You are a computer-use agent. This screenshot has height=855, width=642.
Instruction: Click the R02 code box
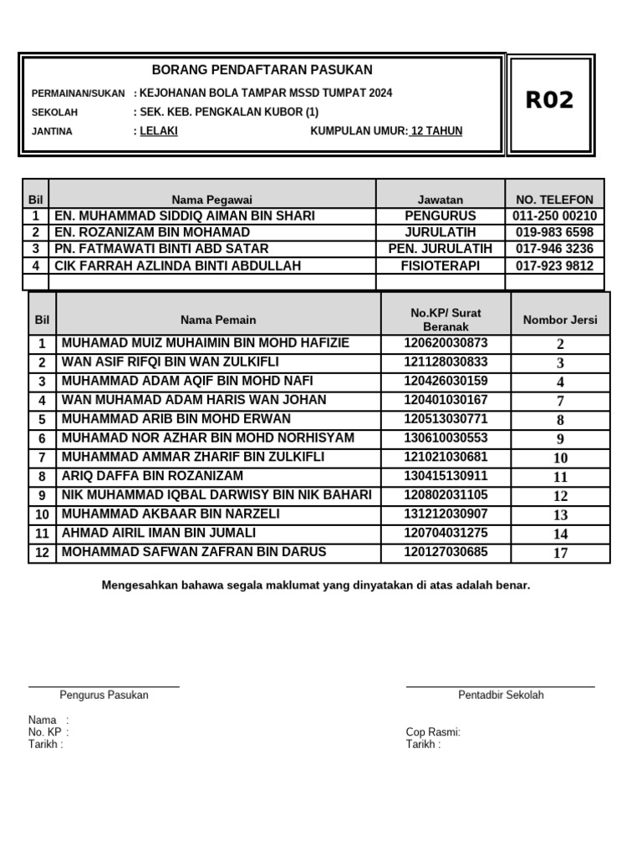[549, 101]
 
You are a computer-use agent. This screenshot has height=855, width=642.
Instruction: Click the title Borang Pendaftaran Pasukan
[262, 70]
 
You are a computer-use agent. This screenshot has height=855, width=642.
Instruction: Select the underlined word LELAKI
[159, 131]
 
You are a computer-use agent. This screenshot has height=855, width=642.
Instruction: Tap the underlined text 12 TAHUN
[436, 131]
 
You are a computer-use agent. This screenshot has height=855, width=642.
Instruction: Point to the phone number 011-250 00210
[554, 216]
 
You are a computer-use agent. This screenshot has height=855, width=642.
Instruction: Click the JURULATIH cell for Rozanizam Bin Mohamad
[440, 232]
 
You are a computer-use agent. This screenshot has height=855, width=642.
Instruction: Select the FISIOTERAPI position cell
[440, 266]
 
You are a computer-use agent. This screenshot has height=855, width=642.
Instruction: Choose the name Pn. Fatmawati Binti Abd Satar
[161, 249]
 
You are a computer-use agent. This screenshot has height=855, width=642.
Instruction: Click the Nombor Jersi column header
[560, 320]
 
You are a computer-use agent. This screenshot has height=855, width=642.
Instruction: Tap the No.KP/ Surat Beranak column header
[446, 319]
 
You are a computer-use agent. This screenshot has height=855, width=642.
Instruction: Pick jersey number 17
[560, 553]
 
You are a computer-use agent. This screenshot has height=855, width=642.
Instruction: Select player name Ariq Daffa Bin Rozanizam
[152, 476]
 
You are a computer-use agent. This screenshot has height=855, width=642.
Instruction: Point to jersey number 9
[560, 439]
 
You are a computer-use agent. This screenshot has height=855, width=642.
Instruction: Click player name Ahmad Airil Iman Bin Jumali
[159, 533]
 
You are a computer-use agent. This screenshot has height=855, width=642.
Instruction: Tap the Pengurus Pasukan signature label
[104, 695]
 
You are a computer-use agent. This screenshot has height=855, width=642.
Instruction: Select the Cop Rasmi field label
[433, 732]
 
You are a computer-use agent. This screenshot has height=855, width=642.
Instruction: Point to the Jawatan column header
[440, 200]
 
